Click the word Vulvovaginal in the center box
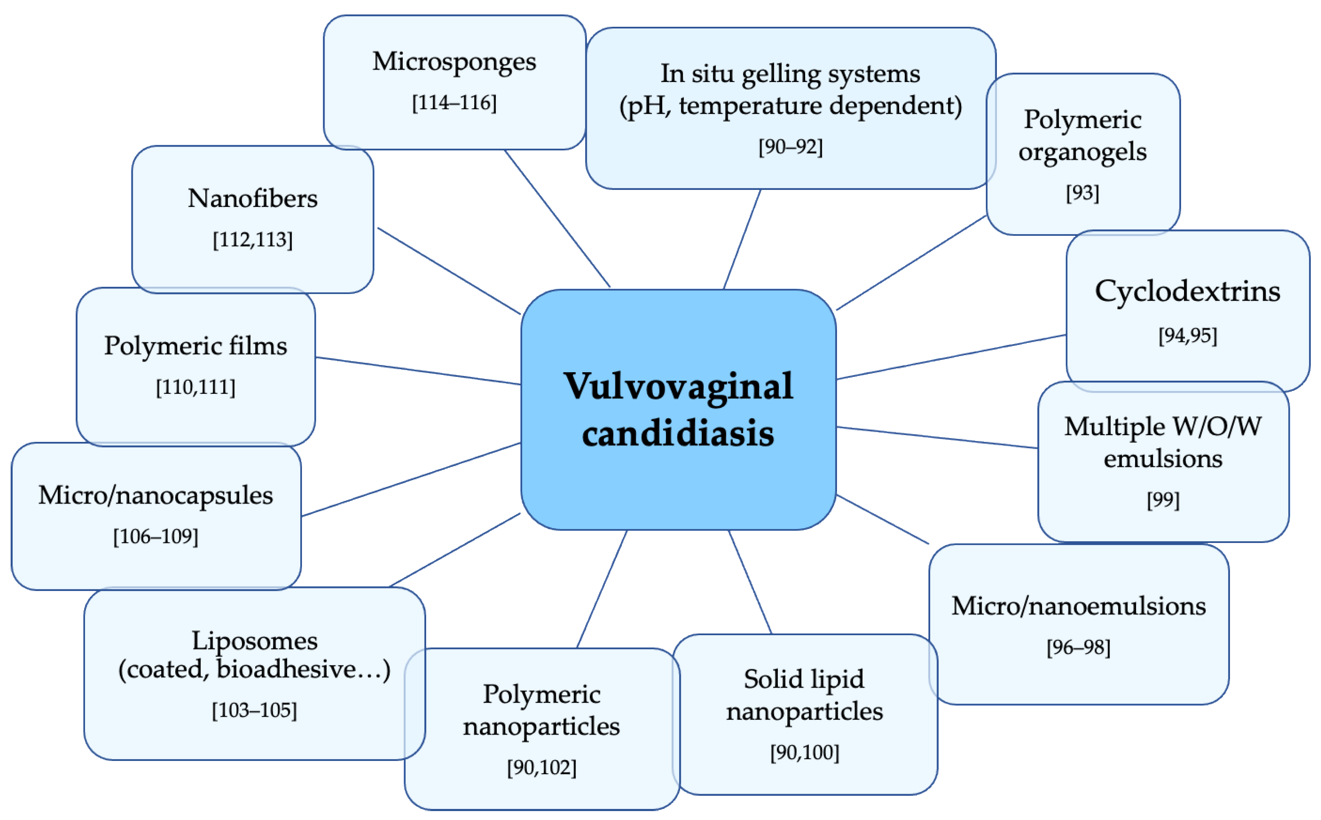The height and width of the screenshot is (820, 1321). tap(678, 387)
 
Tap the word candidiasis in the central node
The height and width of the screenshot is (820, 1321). tap(678, 434)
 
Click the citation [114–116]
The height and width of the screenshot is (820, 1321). tap(454, 102)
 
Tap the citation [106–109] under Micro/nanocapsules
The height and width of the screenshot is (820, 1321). tap(156, 536)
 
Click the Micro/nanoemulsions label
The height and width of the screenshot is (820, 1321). tap(1079, 606)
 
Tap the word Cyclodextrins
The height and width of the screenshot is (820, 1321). tap(1187, 291)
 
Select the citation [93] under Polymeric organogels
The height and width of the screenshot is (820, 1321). tap(1082, 192)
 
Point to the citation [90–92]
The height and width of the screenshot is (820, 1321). tap(790, 147)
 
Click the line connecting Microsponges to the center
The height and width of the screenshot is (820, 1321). tap(558, 218)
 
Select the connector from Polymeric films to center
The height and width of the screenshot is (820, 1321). tap(418, 371)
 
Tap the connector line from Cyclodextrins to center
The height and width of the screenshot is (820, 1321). tap(951, 357)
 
